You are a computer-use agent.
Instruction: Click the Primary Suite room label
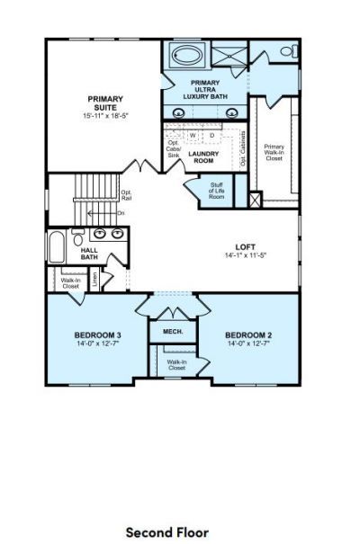pos(105,103)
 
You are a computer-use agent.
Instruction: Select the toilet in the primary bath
pos(288,51)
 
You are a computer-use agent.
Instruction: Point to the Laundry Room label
pos(204,157)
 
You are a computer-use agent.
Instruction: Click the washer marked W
pos(192,136)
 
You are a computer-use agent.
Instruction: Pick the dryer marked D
pos(212,136)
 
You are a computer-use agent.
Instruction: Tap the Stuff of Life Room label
pos(217,190)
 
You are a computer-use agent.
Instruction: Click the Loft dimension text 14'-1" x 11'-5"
pos(245,255)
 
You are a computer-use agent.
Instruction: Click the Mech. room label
pos(173,332)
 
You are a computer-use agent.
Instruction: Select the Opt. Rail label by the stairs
pos(127,195)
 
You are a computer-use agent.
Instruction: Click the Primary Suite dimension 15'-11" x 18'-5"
pos(105,117)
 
